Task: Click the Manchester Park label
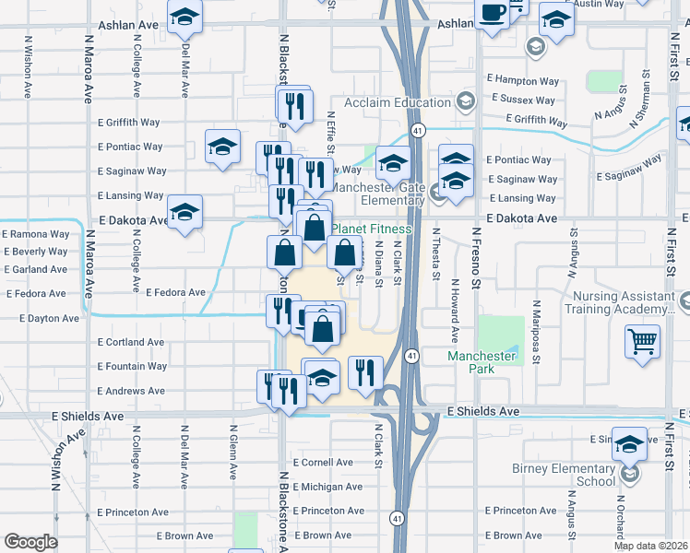pos(482,362)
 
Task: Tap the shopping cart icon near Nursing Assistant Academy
pos(643,341)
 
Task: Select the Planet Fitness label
pos(371,229)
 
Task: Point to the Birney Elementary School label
pos(564,475)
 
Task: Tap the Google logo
pos(30,542)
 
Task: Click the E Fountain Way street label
pos(133,367)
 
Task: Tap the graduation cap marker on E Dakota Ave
pos(185,214)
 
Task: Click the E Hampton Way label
pos(525,81)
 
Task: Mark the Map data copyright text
pos(650,546)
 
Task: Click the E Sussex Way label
pos(526,98)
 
